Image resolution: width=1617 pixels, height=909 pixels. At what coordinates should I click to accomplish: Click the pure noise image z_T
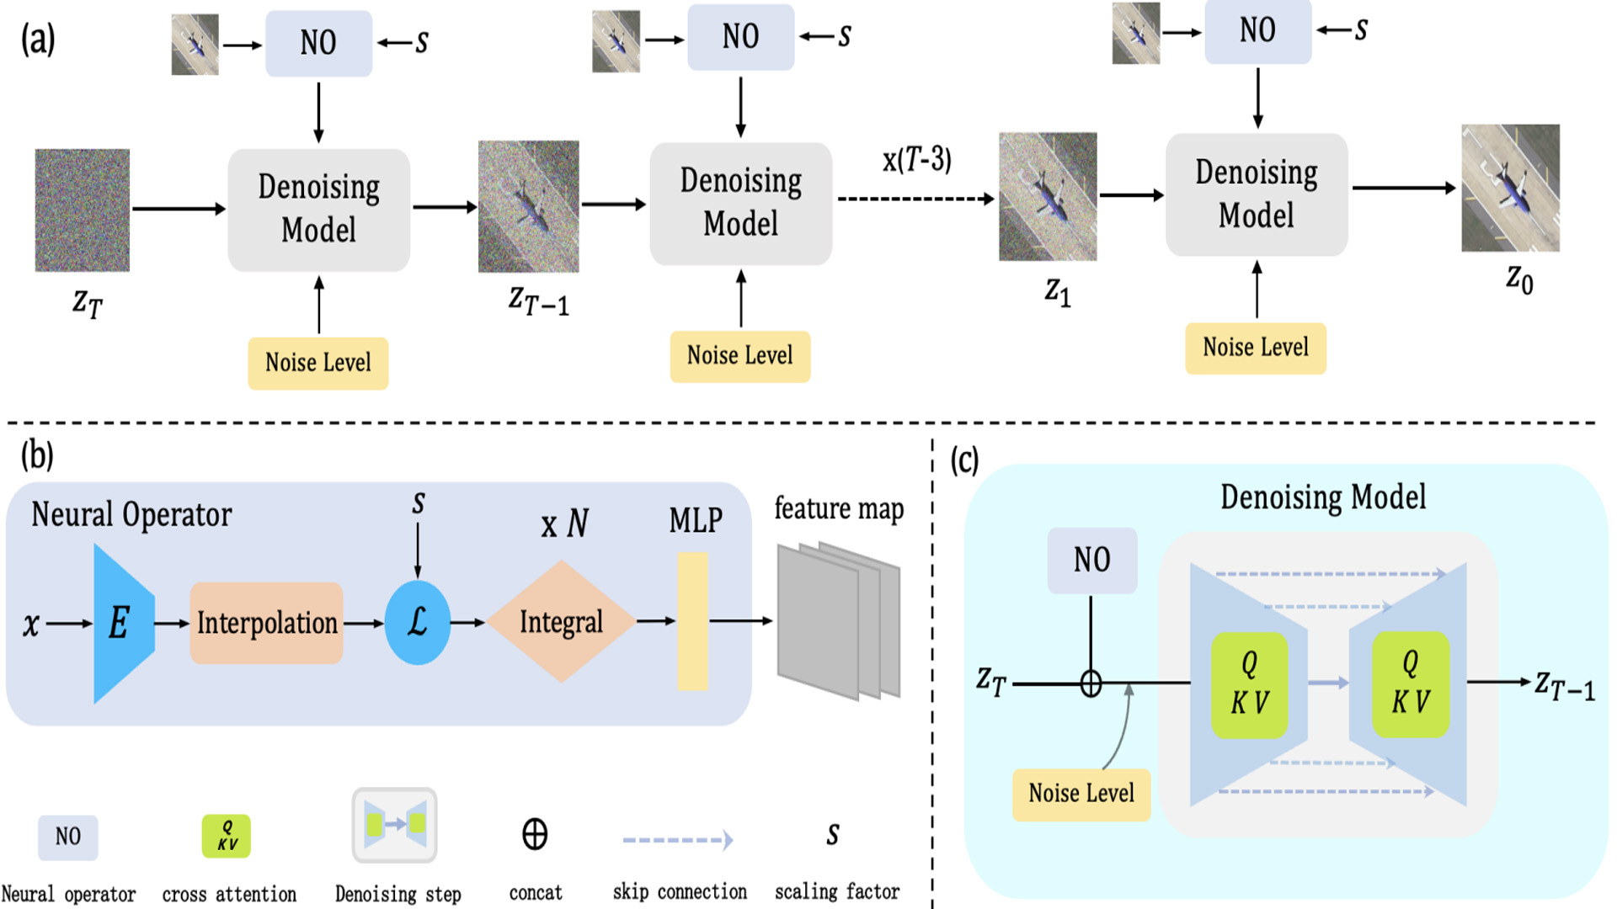[x=82, y=210]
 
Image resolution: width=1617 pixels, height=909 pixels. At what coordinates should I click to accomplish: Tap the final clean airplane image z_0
[x=1510, y=188]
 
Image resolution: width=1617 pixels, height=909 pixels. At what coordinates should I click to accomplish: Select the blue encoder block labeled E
[x=122, y=623]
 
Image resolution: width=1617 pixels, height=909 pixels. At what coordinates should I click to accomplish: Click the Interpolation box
[x=266, y=623]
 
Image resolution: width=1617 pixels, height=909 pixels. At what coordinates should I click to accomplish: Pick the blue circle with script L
[x=417, y=623]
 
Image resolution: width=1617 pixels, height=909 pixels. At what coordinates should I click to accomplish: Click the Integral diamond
[x=561, y=622]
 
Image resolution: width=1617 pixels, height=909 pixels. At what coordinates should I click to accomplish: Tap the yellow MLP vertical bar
[x=692, y=621]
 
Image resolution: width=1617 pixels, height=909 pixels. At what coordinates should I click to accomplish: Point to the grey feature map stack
[x=838, y=621]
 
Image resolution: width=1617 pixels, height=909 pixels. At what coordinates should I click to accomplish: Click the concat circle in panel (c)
[x=1091, y=683]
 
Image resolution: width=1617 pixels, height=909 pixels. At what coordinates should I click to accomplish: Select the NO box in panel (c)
[x=1091, y=561]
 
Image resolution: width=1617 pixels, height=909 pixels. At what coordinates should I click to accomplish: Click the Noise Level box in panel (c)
[x=1081, y=794]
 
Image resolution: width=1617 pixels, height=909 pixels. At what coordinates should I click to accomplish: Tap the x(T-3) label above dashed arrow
[x=916, y=159]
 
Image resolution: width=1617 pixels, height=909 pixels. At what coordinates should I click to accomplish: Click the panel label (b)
[x=37, y=455]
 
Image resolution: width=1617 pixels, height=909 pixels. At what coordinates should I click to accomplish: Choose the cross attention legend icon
[x=226, y=836]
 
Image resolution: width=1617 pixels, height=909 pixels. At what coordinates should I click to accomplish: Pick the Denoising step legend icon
[x=394, y=825]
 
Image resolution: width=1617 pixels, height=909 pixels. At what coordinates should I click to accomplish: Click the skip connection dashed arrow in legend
[x=677, y=839]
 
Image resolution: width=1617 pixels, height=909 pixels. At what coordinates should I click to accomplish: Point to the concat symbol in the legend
[x=535, y=834]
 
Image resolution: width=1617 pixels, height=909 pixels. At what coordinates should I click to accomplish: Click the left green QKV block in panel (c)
[x=1249, y=685]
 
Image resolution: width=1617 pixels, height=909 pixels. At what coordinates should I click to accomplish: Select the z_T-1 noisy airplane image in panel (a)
[x=528, y=206]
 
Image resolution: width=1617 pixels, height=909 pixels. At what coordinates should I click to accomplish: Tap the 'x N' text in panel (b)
[x=564, y=524]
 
